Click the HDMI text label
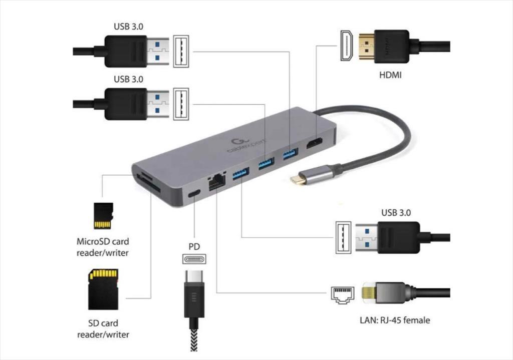pos(390,75)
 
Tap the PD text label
pos(194,246)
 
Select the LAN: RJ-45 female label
pos(395,320)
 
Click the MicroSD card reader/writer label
pos(103,247)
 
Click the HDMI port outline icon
pos(347,46)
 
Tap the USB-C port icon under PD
pos(194,259)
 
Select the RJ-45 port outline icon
pos(343,295)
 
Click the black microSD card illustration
pos(103,215)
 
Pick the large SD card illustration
pos(103,289)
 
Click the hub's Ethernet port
pos(216,182)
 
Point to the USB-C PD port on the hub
pos(194,194)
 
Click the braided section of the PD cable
pos(194,340)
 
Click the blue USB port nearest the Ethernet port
pos(240,173)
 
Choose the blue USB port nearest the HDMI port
pos(291,153)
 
